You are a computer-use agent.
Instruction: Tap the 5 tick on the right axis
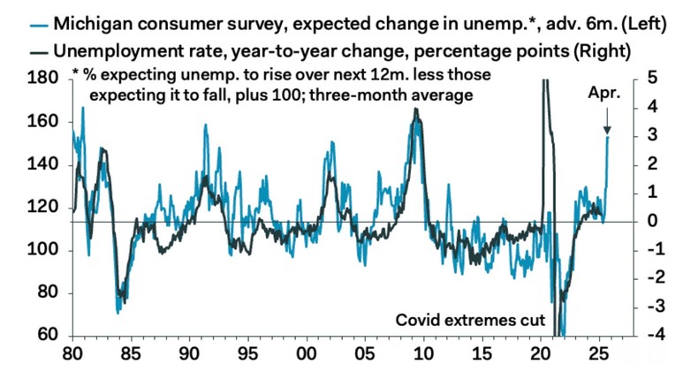pyautogui.click(x=651, y=79)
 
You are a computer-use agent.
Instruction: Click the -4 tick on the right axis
pyautogui.click(x=649, y=336)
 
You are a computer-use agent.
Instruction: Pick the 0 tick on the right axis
pyautogui.click(x=651, y=221)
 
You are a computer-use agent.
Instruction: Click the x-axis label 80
pyautogui.click(x=72, y=358)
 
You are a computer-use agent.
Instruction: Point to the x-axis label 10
pyautogui.click(x=424, y=358)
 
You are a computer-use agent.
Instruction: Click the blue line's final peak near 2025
pyautogui.click(x=607, y=135)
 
